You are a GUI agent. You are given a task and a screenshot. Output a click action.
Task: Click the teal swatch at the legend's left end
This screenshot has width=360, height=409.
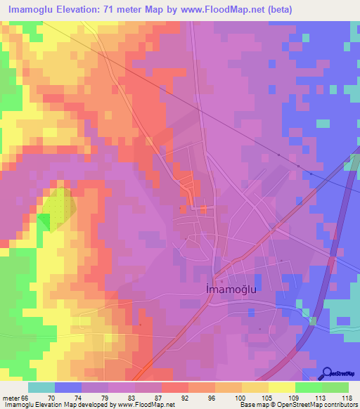[41, 387]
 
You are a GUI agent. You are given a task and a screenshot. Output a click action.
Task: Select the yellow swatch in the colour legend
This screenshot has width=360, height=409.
[281, 387]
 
